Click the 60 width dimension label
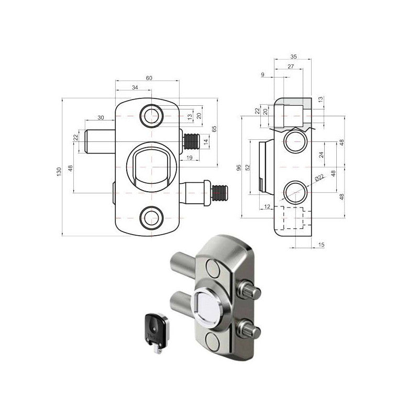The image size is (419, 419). tap(149, 78)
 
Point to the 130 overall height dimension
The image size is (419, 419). tap(59, 171)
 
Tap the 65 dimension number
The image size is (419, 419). tap(214, 129)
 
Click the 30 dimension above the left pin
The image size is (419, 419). tap(100, 118)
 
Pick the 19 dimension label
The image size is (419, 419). tap(190, 157)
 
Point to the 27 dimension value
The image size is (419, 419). tap(291, 67)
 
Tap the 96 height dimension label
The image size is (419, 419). tap(238, 168)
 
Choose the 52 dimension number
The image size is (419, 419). tap(248, 168)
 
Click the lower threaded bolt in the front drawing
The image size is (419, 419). tap(216, 191)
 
